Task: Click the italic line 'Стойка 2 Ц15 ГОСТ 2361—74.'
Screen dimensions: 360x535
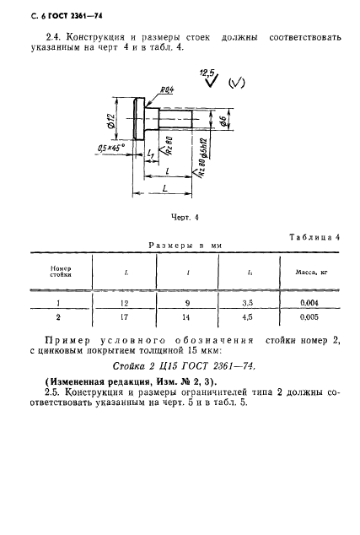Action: (183, 365)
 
